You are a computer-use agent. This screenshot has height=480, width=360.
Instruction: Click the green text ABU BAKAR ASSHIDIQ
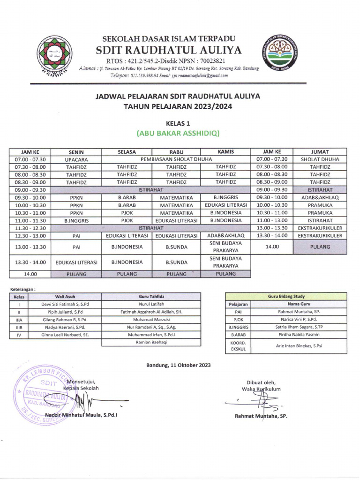[x=178, y=133]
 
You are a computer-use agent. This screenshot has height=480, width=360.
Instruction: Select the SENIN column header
[x=76, y=152]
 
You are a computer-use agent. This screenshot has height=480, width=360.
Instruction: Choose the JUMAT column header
[x=320, y=152]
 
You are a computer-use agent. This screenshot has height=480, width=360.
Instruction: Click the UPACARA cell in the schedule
[x=76, y=159]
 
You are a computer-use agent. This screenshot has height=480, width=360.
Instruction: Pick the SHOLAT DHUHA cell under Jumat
[x=320, y=159]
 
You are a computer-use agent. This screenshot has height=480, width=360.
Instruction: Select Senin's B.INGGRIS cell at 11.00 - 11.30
[x=76, y=220]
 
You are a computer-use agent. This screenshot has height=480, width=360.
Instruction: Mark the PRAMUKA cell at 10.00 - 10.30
[x=320, y=205]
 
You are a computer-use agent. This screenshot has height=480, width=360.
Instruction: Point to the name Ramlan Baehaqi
[x=151, y=343]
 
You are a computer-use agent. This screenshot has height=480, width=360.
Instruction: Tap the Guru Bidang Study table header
[x=286, y=296]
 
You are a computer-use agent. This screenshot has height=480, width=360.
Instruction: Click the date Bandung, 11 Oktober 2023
[x=179, y=365]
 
